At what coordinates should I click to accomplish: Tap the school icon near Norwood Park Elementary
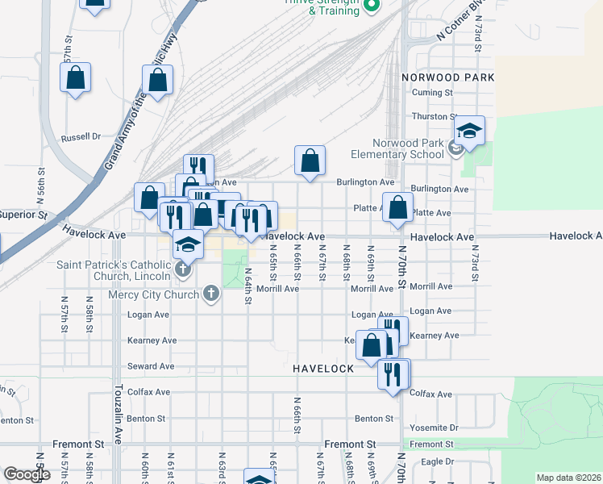tap(469, 131)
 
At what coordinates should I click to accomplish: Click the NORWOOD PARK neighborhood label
tap(447, 77)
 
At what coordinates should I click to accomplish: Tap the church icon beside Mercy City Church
tap(211, 294)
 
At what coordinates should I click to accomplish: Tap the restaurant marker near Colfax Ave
tap(393, 374)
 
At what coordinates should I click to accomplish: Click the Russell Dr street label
tap(80, 137)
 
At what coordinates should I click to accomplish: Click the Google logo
tap(27, 474)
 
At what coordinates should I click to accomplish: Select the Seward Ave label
tap(156, 366)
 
